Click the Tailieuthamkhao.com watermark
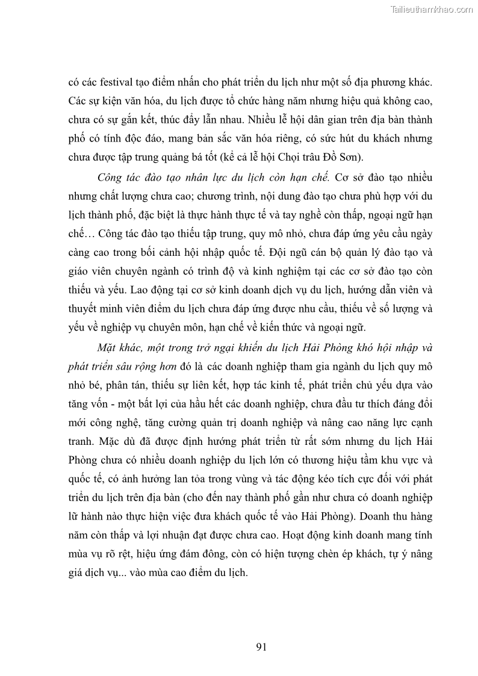(432, 9)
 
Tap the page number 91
(261, 647)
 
